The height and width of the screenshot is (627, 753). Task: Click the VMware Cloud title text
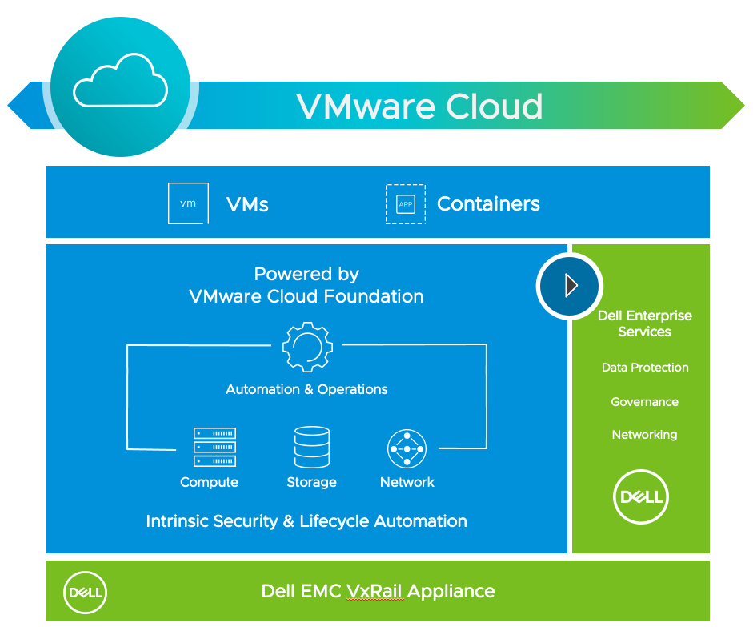coord(419,106)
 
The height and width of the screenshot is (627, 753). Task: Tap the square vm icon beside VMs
coord(188,203)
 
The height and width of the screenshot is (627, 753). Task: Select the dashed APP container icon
coord(406,204)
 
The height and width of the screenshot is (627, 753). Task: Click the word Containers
coord(488,204)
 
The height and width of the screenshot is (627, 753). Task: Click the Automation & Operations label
coord(306,389)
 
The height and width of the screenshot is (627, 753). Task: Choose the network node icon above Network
coord(407,449)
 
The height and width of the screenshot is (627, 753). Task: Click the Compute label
coord(209,482)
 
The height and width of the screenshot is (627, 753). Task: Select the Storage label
coord(311,482)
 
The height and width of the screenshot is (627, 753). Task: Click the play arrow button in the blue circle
coord(570,286)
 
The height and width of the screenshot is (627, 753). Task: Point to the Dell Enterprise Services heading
coord(644,324)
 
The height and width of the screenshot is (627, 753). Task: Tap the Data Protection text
coord(644,368)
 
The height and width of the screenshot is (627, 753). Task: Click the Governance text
coord(644,402)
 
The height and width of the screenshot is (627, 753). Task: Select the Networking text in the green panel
coord(644,435)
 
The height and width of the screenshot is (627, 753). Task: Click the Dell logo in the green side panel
coord(641,497)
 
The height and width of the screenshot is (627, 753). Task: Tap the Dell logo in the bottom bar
coord(85,593)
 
